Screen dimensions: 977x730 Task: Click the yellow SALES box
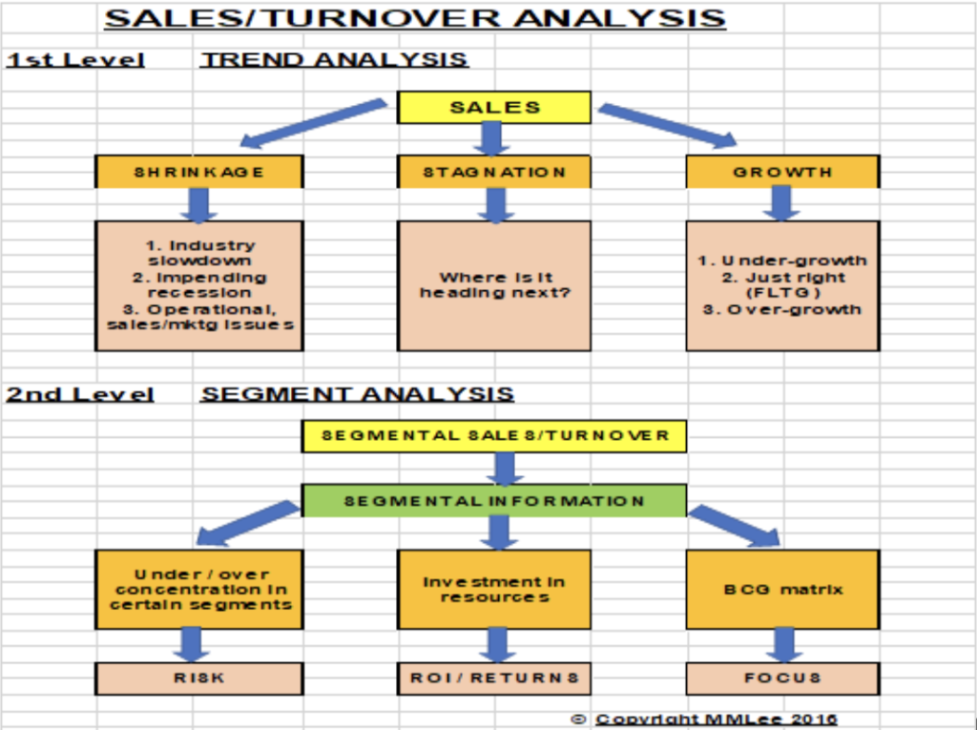[494, 107]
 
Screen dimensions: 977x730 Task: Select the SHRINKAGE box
[199, 172]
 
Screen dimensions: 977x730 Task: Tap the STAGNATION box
[494, 172]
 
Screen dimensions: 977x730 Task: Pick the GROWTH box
[782, 172]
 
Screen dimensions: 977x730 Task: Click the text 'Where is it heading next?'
[495, 285]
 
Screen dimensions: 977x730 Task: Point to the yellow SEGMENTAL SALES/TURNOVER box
[494, 436]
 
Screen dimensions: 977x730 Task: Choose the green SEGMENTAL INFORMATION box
[494, 501]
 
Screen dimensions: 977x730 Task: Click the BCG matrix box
[782, 589]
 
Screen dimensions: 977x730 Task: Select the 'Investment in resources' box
[494, 589]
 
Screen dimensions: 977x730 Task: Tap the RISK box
[199, 678]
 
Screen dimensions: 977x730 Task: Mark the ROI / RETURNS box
[494, 678]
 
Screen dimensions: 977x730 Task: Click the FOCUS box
[782, 678]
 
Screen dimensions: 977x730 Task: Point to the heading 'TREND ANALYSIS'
[334, 60]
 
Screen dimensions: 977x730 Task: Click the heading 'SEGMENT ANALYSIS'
[357, 394]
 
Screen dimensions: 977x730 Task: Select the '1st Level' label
[75, 60]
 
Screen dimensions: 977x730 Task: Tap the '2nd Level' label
[80, 394]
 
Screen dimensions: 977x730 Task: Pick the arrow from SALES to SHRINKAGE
[313, 122]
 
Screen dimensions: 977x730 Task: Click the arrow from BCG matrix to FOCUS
[783, 644]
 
